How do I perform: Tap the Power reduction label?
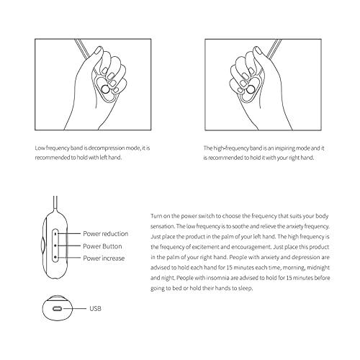[105, 233]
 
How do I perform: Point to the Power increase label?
[104, 257]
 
